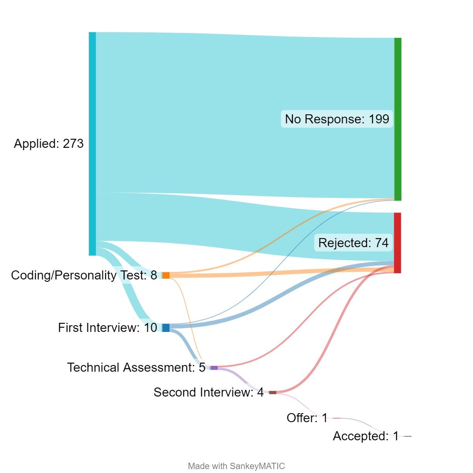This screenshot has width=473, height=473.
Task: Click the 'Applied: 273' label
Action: [x=48, y=143]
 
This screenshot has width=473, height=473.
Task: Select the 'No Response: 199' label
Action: [x=337, y=119]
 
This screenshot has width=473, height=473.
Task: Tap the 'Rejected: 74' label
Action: [x=353, y=243]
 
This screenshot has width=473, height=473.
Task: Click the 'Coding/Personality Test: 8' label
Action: [x=84, y=275]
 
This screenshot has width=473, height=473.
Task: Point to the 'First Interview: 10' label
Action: [x=108, y=328]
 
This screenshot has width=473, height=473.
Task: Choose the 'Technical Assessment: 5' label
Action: [x=136, y=367]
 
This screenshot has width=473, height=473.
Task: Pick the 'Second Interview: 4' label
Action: [x=209, y=392]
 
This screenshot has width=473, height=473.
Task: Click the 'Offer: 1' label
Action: [x=307, y=418]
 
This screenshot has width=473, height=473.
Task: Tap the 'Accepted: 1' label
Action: [x=366, y=436]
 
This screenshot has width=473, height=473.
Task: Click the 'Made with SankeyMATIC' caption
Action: [x=236, y=466]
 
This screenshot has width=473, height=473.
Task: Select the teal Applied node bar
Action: [x=92, y=143]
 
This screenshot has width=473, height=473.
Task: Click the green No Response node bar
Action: [x=398, y=119]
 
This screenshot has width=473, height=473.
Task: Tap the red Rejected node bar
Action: [x=398, y=243]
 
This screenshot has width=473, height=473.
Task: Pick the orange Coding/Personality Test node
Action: [x=166, y=275]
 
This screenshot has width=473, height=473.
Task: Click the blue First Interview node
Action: [x=166, y=328]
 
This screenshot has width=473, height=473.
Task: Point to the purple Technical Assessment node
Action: [x=214, y=368]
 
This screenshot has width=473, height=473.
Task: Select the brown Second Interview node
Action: [x=273, y=393]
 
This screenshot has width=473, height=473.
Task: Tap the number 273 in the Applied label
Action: [x=73, y=143]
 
